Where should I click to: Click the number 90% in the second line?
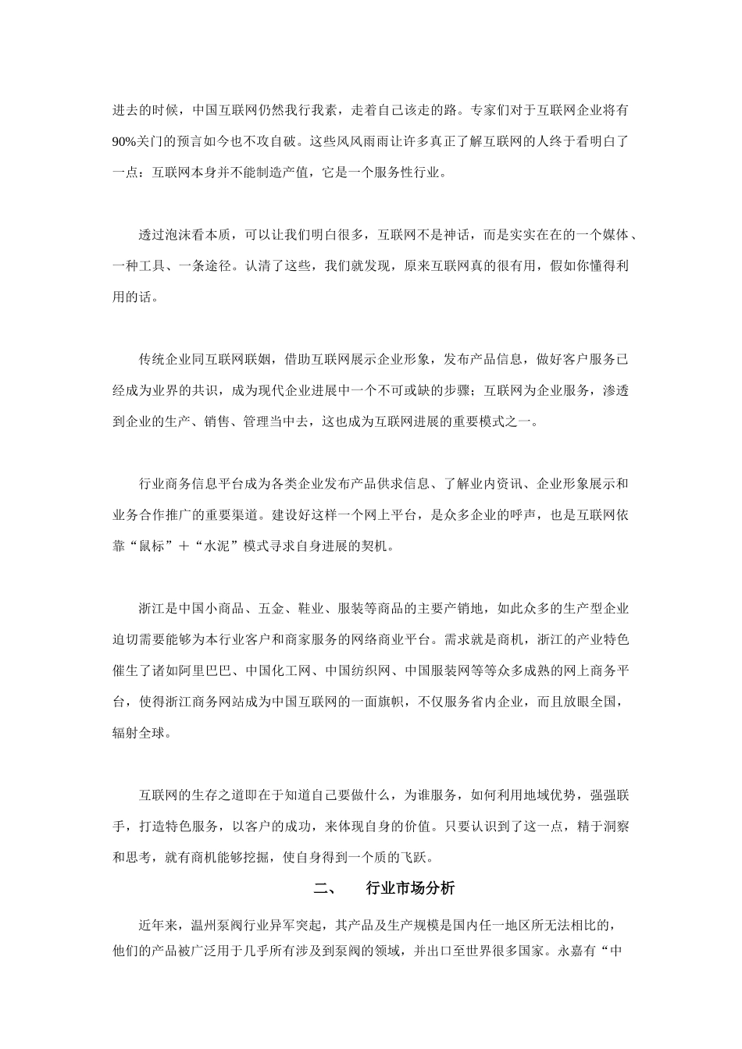pyautogui.click(x=125, y=141)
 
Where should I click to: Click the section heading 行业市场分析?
pyautogui.click(x=409, y=889)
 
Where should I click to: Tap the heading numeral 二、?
pyautogui.click(x=324, y=889)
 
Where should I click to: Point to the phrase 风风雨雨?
pyautogui.click(x=363, y=141)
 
